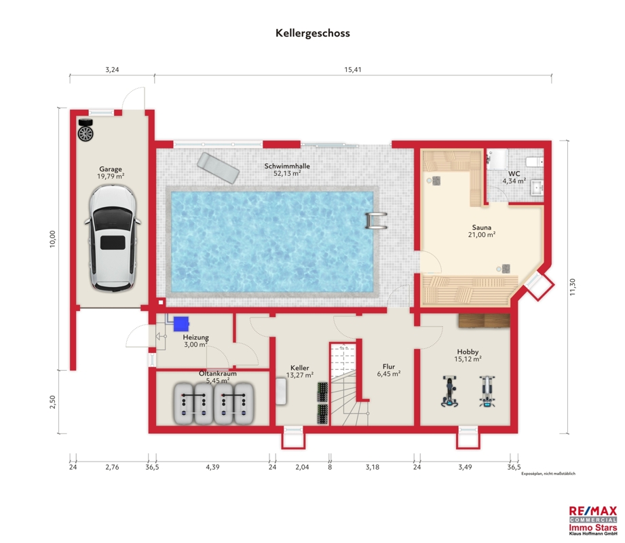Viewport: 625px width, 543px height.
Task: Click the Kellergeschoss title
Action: (312, 33)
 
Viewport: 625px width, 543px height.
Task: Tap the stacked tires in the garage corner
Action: (86, 130)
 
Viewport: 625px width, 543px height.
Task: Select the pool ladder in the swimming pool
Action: (376, 221)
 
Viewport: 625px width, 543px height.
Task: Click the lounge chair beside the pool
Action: (218, 168)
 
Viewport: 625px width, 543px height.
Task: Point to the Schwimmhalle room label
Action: (287, 166)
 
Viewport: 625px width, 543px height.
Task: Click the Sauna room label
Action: (482, 227)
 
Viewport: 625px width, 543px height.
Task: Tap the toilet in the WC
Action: (535, 162)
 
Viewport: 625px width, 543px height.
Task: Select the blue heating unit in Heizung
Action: (181, 324)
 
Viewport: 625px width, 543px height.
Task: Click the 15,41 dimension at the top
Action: (353, 70)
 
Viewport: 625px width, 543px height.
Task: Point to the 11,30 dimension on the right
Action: (573, 286)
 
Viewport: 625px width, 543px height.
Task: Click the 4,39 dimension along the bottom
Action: (212, 467)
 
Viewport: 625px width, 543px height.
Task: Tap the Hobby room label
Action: (468, 352)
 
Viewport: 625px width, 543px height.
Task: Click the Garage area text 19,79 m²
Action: (111, 176)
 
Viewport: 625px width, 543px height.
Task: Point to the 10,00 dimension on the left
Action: (53, 239)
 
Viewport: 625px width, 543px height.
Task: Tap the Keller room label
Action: (300, 368)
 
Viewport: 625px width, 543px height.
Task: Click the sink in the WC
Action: (537, 187)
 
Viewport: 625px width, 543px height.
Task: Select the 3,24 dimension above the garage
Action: (112, 70)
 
